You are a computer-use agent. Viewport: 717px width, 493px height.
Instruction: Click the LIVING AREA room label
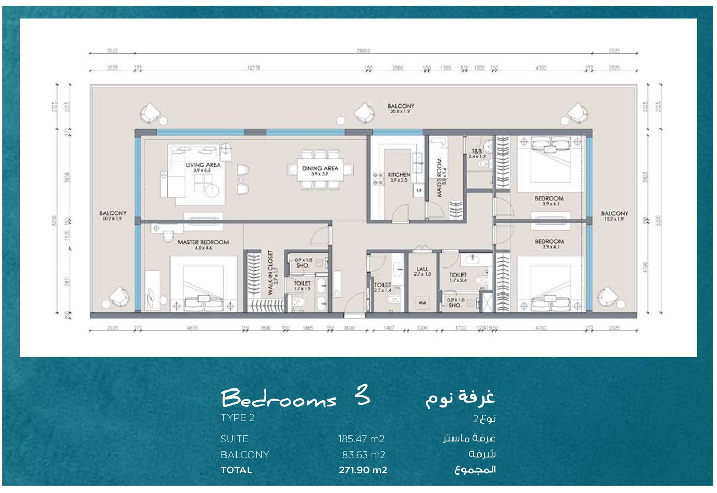click(x=203, y=165)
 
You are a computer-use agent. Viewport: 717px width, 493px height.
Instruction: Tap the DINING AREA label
click(x=320, y=169)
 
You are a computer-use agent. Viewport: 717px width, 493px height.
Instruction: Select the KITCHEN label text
click(x=399, y=175)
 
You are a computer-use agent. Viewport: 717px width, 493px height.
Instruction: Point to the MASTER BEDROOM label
click(x=203, y=243)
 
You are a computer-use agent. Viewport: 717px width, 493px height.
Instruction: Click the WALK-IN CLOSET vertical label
click(x=270, y=272)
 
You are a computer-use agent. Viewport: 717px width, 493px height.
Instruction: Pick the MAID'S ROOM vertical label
click(x=439, y=178)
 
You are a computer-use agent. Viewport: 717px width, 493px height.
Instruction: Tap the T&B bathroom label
click(x=476, y=151)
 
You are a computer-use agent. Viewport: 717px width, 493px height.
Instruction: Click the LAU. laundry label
click(x=422, y=270)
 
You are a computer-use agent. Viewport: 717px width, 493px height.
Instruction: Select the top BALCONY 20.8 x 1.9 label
click(x=401, y=107)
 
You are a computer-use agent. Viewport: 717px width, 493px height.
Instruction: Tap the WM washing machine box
click(x=422, y=302)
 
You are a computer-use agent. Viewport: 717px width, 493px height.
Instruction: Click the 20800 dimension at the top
click(x=363, y=51)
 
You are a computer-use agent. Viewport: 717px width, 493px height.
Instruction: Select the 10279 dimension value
click(x=253, y=68)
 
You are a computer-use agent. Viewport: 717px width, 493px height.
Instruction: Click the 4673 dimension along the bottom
click(x=192, y=328)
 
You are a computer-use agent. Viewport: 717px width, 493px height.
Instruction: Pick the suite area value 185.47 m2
click(x=361, y=439)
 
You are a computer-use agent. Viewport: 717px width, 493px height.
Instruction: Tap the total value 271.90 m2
click(x=363, y=470)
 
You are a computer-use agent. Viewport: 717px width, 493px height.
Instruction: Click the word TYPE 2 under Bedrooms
click(x=238, y=418)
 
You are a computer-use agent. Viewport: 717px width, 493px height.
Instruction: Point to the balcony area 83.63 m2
click(x=363, y=454)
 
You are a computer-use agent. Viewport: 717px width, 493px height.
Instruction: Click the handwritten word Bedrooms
click(x=279, y=399)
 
